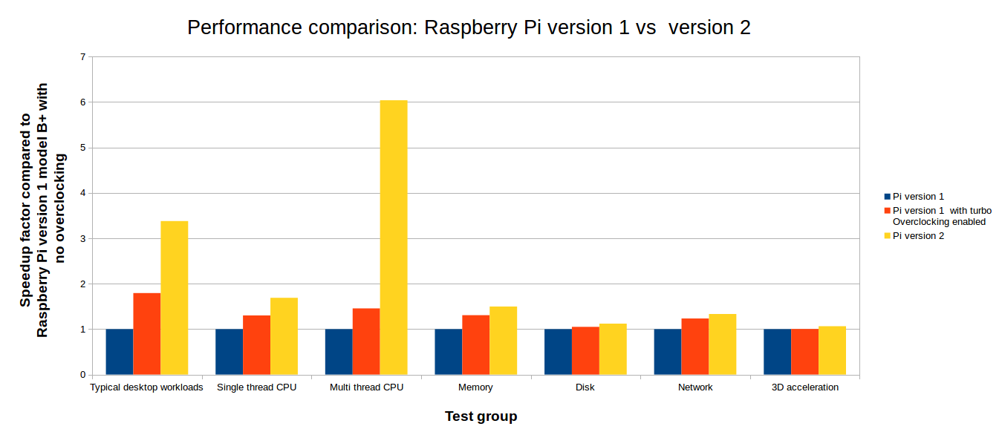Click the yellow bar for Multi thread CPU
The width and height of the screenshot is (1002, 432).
tap(394, 238)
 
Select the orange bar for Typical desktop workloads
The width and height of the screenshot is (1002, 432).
tap(147, 334)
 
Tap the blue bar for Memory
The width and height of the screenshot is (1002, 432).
tap(448, 352)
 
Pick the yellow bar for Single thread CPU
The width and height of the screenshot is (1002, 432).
tap(284, 336)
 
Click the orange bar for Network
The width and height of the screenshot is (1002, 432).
tap(694, 347)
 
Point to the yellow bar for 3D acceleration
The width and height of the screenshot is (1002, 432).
tap(832, 350)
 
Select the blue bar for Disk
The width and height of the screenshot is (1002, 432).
tap(558, 352)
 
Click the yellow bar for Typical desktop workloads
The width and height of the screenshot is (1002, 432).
tap(175, 298)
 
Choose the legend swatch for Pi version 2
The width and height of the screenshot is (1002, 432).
tap(887, 236)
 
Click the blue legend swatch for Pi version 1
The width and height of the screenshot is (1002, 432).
tap(887, 197)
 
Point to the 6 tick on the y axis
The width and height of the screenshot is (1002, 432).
tap(82, 102)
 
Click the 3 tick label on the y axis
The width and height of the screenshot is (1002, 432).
tap(82, 239)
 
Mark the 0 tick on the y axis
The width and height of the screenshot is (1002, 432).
tap(82, 375)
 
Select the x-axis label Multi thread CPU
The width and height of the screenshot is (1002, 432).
tap(366, 387)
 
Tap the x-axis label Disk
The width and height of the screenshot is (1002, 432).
tap(585, 387)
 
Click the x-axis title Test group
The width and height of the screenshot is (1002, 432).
tap(481, 416)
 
